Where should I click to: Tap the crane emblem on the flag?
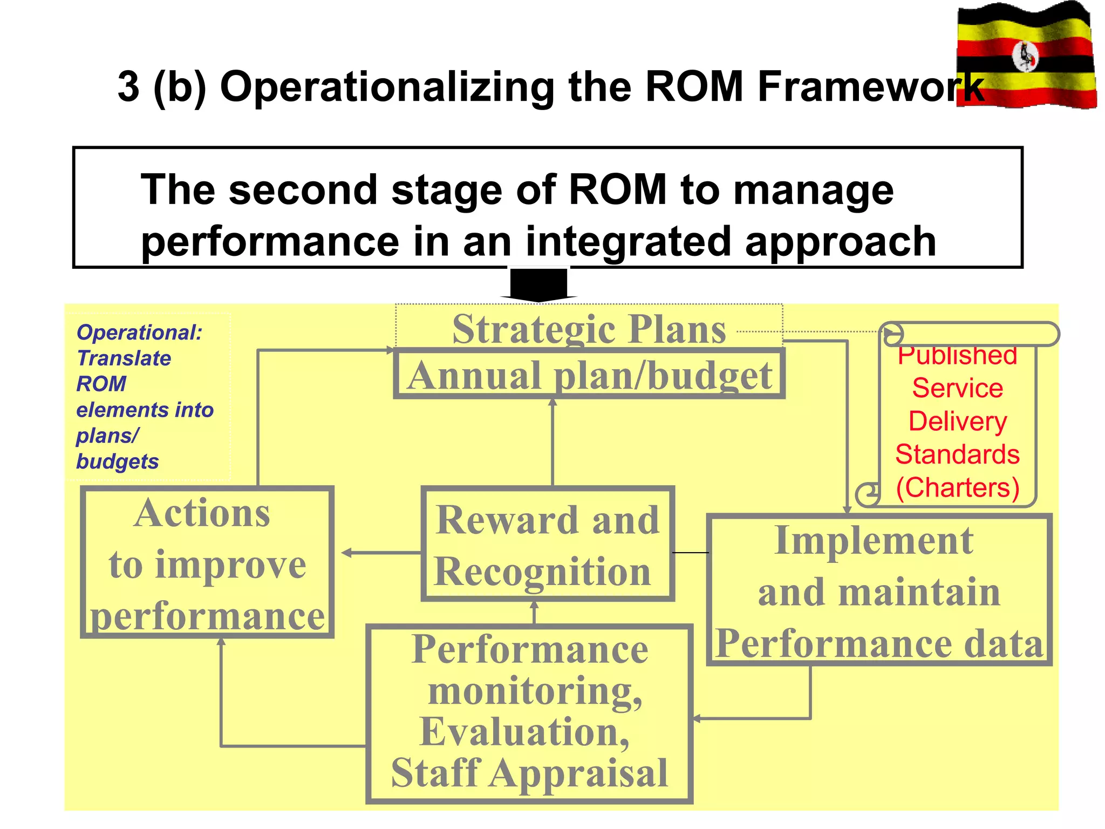[1025, 56]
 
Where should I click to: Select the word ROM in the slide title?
[693, 86]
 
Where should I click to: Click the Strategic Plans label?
[589, 329]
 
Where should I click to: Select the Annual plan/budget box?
[589, 375]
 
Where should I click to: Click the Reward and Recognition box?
[547, 544]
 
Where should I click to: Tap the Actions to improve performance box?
[207, 562]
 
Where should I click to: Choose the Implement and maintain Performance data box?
[879, 590]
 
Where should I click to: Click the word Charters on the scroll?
[958, 487]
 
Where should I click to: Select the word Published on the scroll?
[958, 356]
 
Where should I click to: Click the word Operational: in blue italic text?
[139, 332]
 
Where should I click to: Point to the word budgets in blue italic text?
[117, 461]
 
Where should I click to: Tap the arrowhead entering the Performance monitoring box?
[697, 718]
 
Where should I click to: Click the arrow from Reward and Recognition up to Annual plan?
[552, 443]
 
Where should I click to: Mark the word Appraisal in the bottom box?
[578, 773]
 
